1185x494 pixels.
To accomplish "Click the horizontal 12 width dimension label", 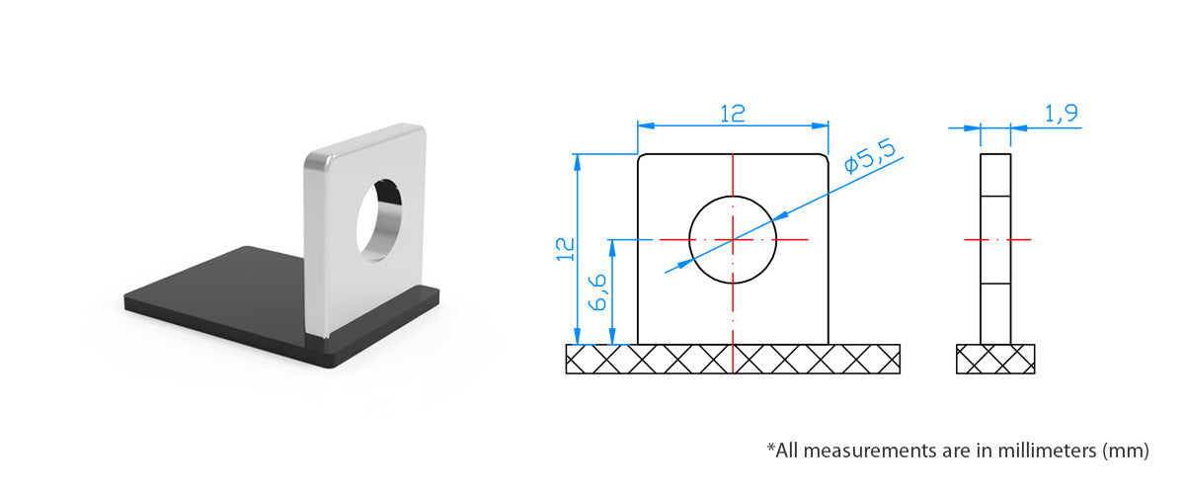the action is point(733,114).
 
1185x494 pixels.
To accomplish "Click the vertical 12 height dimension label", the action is point(565,249).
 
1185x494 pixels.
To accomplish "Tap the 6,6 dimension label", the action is point(597,292).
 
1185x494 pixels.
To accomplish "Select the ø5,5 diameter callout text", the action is point(870,156).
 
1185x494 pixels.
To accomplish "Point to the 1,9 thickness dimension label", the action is point(1062,114).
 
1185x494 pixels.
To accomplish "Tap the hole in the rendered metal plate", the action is point(379,219).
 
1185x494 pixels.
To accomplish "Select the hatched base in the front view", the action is point(733,359).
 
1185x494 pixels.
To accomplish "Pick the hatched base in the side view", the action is point(995,359).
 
